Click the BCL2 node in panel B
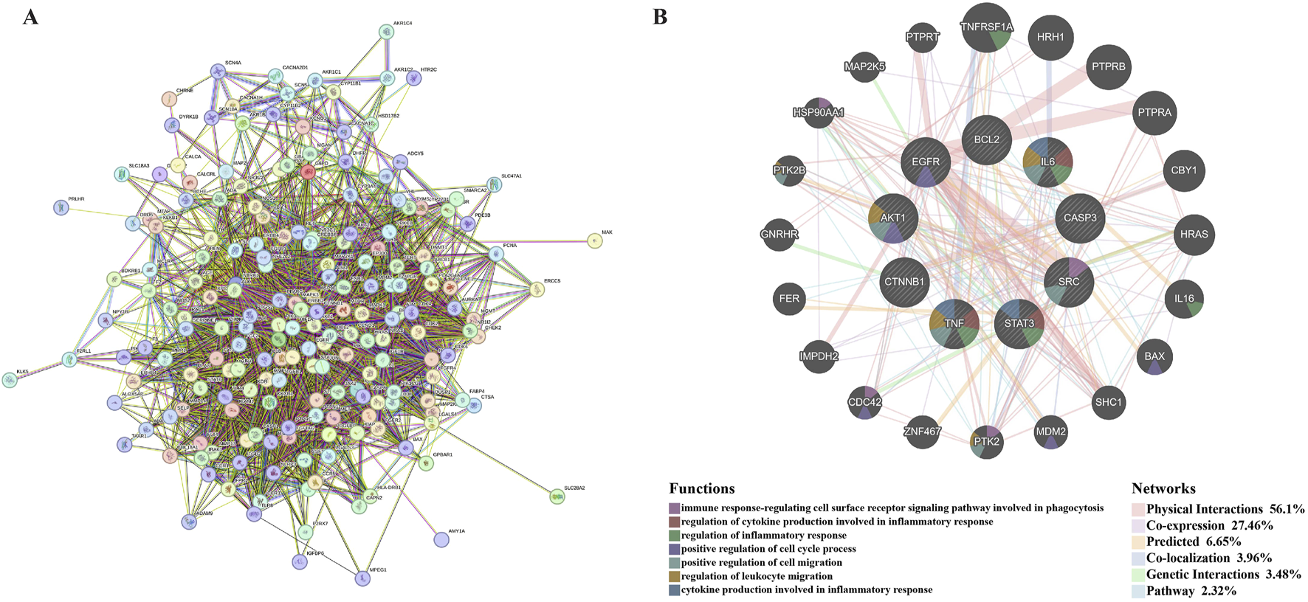(x=986, y=139)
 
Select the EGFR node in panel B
(x=926, y=162)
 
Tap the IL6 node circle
(x=1047, y=162)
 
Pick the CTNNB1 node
(x=904, y=282)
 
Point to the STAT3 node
(x=1019, y=323)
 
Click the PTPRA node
(x=1154, y=113)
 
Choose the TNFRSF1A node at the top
(x=986, y=28)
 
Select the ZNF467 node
(x=922, y=432)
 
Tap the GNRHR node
(x=779, y=235)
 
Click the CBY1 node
(x=1184, y=170)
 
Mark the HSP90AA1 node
(x=819, y=113)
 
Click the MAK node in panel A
(x=594, y=241)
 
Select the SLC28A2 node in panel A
(x=557, y=497)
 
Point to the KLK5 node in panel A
(x=10, y=380)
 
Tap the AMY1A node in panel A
(x=441, y=539)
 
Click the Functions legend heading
(x=701, y=488)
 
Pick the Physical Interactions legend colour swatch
(x=1137, y=509)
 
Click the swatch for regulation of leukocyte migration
(x=675, y=576)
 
